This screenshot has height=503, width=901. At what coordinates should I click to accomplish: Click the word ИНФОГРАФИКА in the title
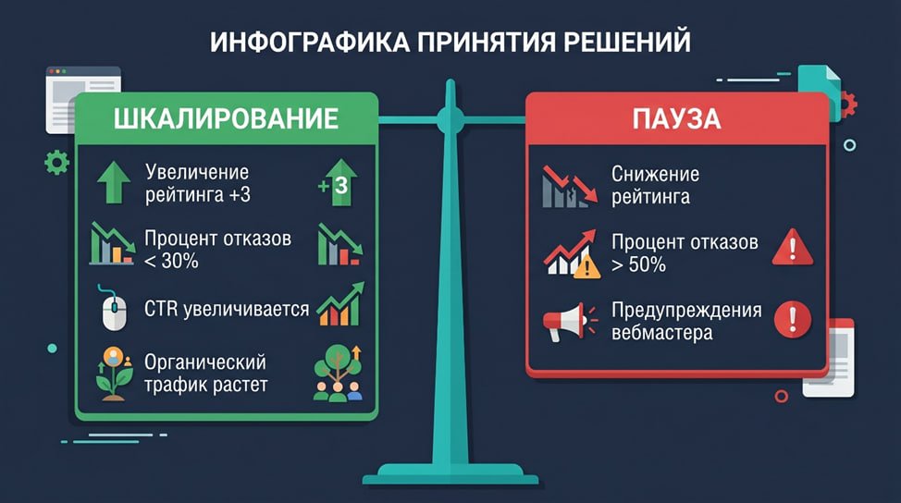point(309,43)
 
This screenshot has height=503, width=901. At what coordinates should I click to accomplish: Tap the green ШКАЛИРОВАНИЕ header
point(227,119)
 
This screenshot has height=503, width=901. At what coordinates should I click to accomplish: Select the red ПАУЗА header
point(677,119)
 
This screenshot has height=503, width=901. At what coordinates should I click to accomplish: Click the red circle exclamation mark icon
point(793,319)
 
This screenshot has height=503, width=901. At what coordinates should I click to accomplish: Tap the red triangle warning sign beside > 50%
point(793,248)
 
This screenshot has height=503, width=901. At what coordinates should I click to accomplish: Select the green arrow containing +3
point(339,182)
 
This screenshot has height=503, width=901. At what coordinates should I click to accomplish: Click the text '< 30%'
point(171,262)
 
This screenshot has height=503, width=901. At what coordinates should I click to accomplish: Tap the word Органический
point(205,362)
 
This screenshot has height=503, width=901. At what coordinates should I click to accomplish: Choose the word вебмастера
point(662,333)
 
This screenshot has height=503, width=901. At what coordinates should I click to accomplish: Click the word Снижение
point(655,174)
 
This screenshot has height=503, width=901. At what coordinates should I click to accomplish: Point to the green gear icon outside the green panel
point(56,163)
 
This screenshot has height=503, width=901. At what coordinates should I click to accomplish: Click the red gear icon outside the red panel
point(847,104)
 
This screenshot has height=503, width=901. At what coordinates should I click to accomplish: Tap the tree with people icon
point(339,373)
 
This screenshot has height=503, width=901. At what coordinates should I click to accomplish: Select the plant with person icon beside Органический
point(115,374)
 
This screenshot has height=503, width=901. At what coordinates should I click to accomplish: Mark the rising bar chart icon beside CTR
point(340,304)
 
